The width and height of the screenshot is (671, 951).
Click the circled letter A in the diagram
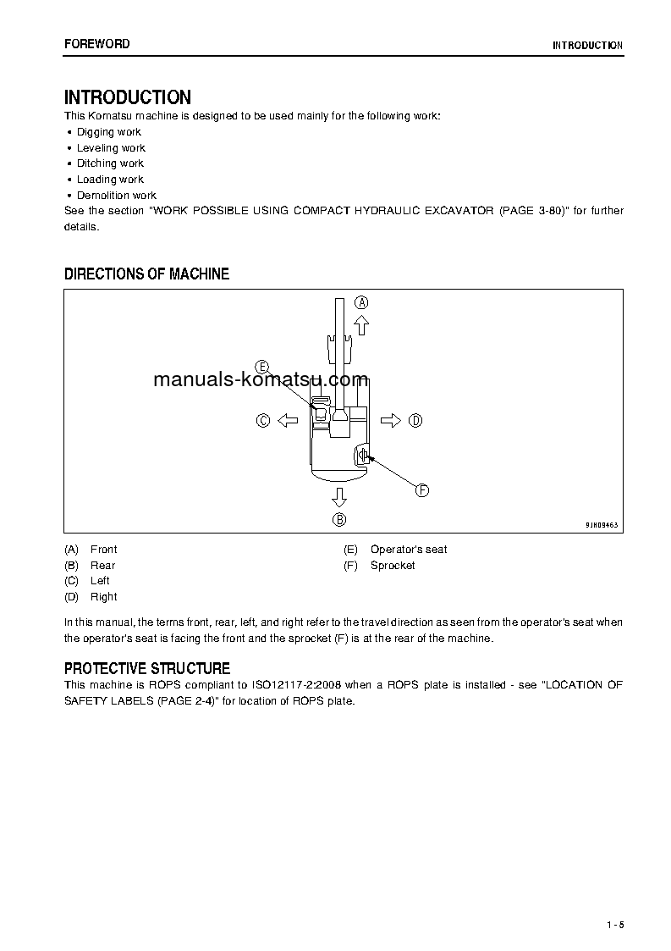[361, 302]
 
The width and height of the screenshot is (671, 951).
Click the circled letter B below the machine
[339, 519]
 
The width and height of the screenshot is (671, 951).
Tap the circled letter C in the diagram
[263, 420]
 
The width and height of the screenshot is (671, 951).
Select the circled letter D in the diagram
[415, 420]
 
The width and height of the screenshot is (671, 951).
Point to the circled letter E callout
[262, 366]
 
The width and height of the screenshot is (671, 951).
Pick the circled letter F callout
[421, 489]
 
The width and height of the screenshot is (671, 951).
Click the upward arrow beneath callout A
[361, 323]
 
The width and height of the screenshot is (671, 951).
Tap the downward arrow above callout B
[339, 496]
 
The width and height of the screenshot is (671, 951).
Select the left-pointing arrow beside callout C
[288, 420]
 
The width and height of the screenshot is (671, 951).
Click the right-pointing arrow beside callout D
[390, 420]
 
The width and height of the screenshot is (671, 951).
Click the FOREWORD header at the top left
[96, 44]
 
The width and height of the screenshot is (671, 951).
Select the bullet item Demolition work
[117, 195]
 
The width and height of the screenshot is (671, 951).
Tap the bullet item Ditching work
[110, 163]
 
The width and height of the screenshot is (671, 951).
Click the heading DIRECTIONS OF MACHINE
[146, 274]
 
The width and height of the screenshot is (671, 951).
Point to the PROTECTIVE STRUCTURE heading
[146, 669]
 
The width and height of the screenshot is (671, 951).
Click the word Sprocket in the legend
[393, 566]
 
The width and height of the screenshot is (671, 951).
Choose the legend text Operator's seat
[409, 550]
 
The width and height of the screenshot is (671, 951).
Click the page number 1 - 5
[614, 924]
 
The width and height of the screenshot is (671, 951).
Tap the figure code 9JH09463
[602, 525]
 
